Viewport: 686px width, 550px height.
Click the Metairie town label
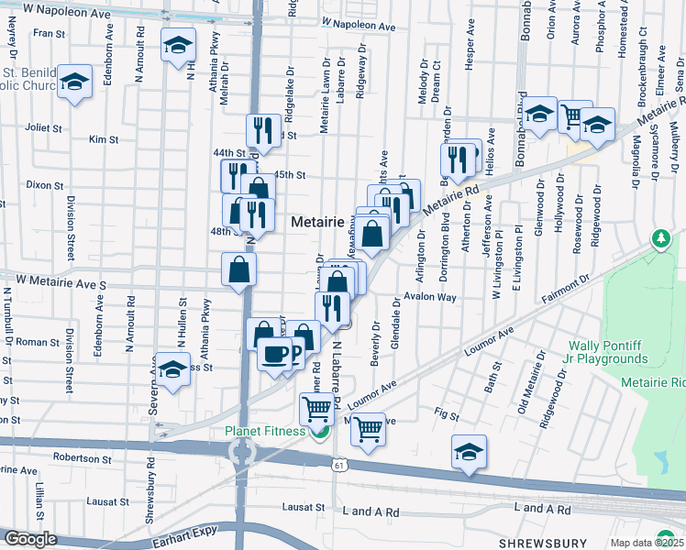[317, 223]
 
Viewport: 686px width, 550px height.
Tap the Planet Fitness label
[265, 432]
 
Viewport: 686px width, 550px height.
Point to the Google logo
[29, 539]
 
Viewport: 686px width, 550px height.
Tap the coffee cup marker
[274, 353]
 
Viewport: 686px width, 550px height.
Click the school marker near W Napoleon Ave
[178, 45]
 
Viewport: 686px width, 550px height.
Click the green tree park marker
[660, 239]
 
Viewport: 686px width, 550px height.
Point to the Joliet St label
[42, 128]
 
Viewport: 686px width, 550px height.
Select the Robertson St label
[82, 456]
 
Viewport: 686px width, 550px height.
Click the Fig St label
[448, 415]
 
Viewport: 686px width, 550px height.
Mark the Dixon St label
[43, 184]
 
